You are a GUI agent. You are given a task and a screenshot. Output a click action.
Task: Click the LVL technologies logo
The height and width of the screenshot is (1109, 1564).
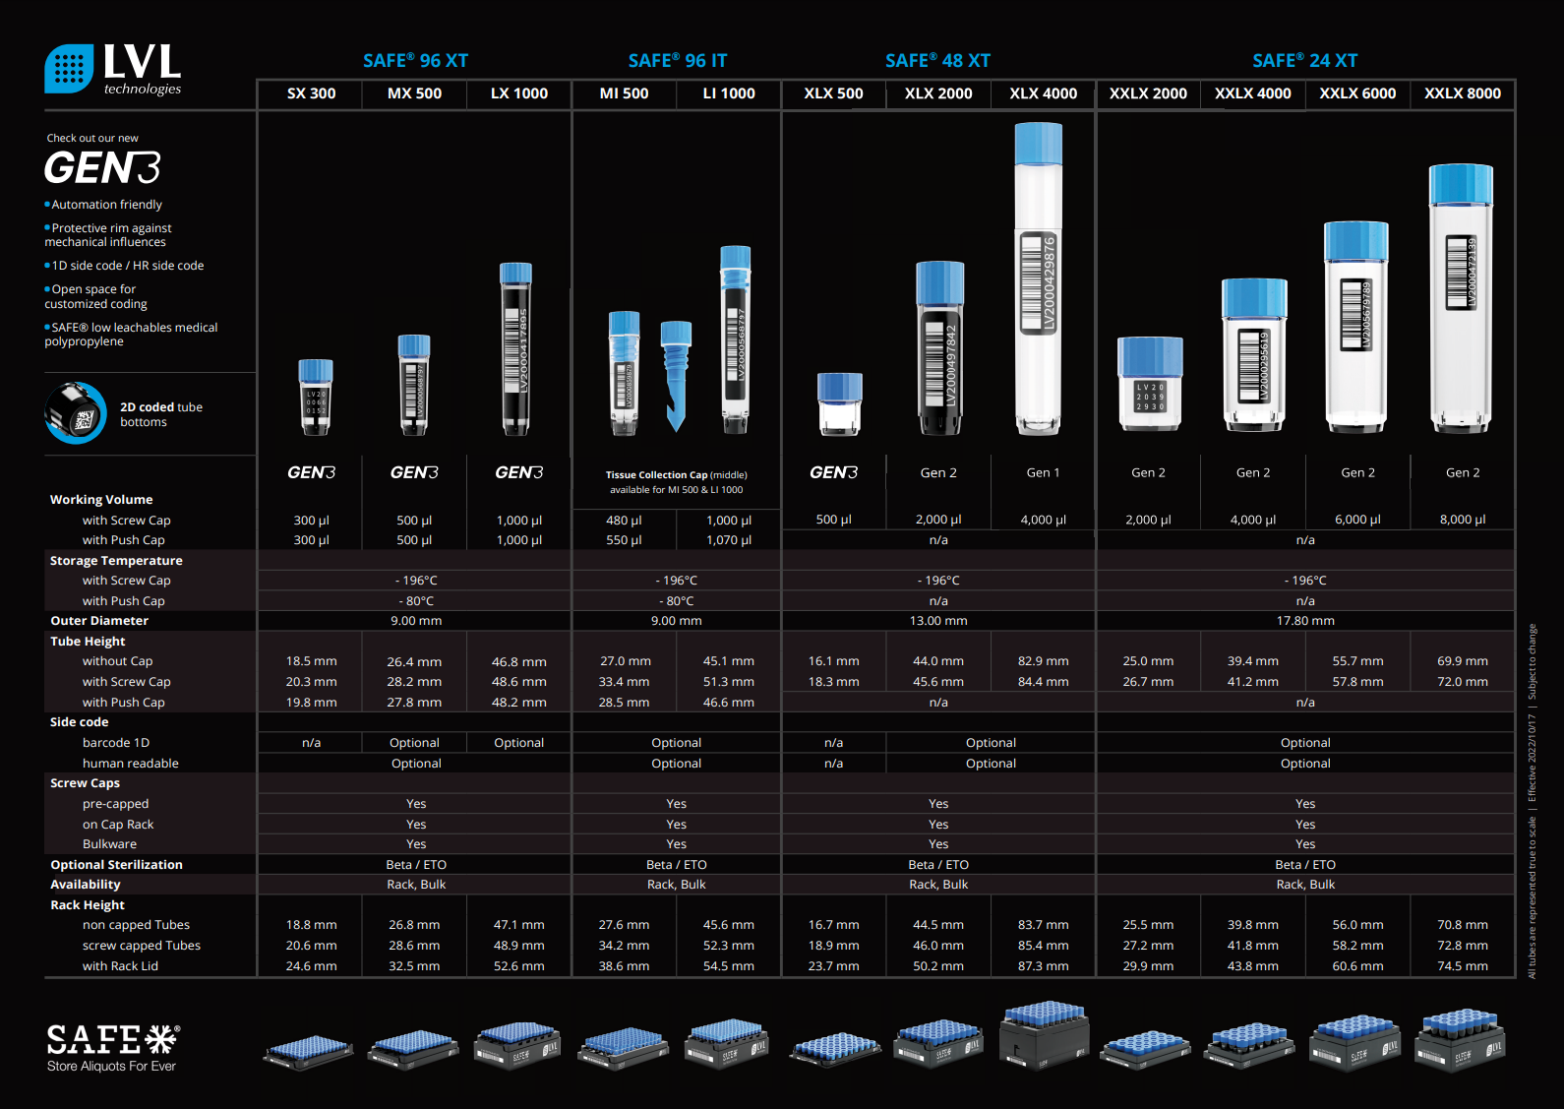(113, 69)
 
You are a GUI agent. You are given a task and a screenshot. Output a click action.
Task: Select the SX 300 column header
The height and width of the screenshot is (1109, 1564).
(311, 93)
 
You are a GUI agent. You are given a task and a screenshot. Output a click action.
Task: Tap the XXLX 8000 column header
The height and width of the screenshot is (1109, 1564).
(1462, 93)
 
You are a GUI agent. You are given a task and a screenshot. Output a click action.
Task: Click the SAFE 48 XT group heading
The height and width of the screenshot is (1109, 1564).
(937, 61)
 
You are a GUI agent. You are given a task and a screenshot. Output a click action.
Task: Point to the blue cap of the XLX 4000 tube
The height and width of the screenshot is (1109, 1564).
(1038, 143)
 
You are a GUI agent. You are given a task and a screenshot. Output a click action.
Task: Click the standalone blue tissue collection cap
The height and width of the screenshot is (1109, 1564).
(676, 375)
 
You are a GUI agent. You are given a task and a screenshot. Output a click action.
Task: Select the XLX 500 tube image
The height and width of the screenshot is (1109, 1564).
(839, 403)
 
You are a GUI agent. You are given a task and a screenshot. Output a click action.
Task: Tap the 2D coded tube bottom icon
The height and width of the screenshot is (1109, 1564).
(76, 413)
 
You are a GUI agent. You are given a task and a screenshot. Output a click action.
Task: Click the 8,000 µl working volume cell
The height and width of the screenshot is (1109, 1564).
(1462, 520)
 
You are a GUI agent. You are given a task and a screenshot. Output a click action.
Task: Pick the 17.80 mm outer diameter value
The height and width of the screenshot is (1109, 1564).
(1305, 621)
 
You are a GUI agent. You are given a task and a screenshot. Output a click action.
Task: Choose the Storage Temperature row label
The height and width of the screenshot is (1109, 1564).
(116, 561)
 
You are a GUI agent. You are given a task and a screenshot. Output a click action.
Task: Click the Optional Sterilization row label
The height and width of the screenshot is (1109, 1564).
(116, 865)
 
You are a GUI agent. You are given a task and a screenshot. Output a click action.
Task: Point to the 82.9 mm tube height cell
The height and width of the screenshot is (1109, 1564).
(1043, 661)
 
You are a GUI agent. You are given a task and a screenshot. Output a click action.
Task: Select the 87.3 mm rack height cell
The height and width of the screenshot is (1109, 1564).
(1043, 966)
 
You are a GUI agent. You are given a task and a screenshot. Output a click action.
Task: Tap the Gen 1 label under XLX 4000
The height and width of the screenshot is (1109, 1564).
(1043, 473)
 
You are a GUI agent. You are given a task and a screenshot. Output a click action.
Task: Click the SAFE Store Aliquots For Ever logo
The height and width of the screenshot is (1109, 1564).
(113, 1047)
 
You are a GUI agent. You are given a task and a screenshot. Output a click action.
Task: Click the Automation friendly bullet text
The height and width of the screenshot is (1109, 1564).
(106, 205)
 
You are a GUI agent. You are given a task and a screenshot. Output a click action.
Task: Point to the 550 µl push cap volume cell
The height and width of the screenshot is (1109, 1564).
(624, 540)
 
